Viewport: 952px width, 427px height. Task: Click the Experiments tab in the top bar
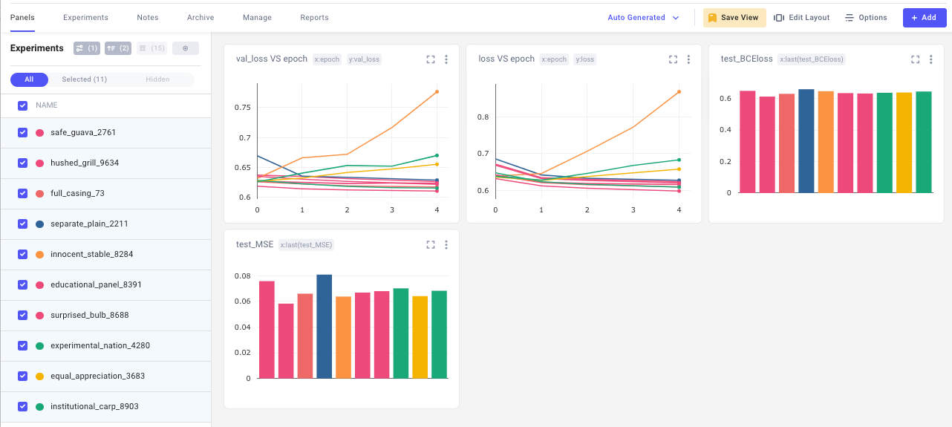click(85, 17)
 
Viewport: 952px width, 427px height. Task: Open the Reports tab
click(314, 17)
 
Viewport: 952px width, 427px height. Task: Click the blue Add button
click(925, 17)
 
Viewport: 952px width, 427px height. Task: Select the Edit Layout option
click(801, 17)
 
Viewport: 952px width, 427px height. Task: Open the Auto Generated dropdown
click(643, 17)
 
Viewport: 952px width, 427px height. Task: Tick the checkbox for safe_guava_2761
click(22, 133)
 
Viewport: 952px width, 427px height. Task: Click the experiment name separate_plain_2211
click(89, 224)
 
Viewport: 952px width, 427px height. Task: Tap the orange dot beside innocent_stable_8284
click(39, 255)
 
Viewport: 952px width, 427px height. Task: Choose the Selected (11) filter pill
click(84, 79)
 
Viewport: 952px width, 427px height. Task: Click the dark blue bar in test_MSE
click(325, 326)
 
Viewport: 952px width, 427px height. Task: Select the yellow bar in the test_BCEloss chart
click(904, 143)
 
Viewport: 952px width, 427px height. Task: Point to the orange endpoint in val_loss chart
click(437, 92)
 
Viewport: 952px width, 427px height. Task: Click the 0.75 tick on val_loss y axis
click(243, 108)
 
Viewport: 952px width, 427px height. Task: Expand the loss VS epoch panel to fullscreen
click(673, 59)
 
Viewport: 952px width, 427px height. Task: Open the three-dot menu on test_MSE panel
click(446, 245)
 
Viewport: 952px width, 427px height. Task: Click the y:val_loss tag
click(364, 59)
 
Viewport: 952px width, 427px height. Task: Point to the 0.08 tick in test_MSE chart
click(243, 276)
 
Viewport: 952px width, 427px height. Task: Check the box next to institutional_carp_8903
click(22, 407)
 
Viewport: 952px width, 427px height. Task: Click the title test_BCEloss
click(747, 59)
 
